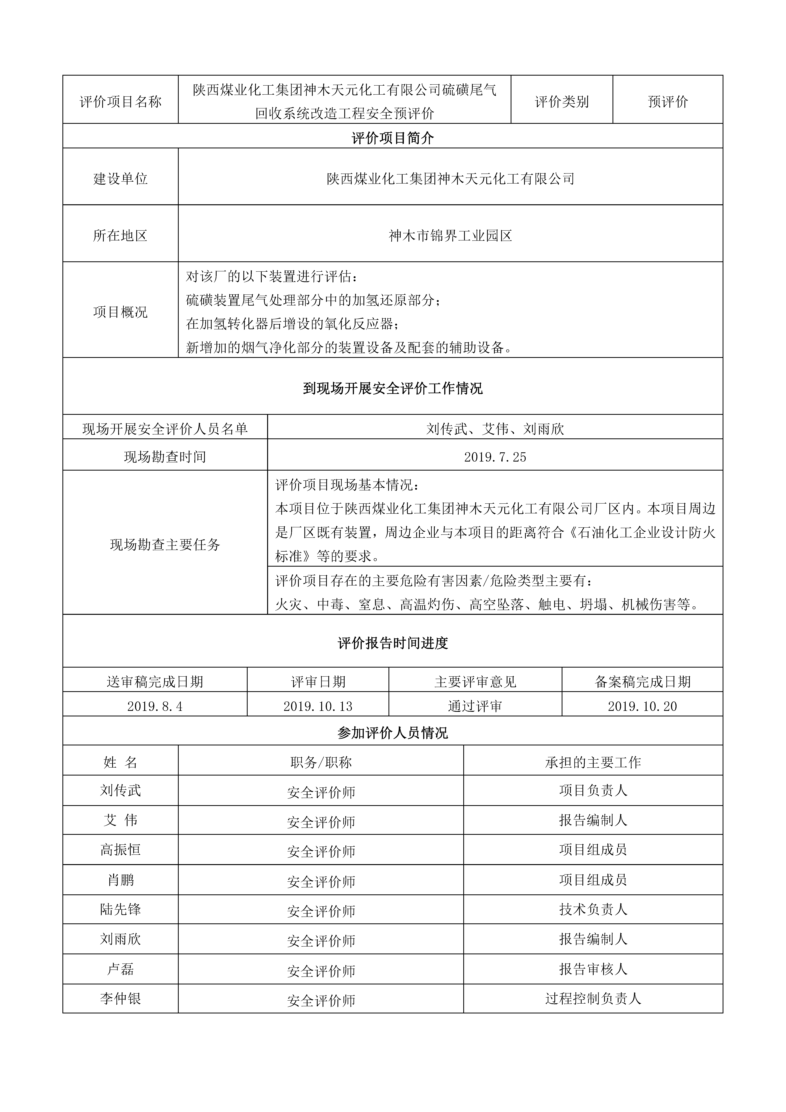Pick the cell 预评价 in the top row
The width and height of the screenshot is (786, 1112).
pos(668,102)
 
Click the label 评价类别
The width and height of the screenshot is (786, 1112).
pos(562,102)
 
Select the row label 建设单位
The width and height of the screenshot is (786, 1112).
pos(120,179)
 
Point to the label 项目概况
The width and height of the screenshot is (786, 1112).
pos(120,312)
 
